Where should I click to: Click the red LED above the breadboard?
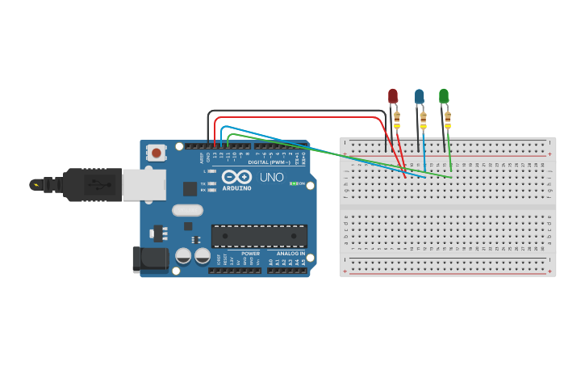(393, 96)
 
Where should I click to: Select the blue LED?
(419, 97)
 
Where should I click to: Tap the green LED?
(444, 96)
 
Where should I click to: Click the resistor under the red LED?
(397, 121)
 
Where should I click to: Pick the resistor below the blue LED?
(423, 122)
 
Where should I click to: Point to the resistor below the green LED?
(448, 121)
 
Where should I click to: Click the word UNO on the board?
(271, 176)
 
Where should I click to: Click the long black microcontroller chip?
(259, 236)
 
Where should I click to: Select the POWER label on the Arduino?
(250, 254)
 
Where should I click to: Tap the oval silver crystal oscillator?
(187, 210)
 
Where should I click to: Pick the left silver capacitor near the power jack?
(184, 257)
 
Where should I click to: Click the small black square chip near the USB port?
(190, 189)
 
